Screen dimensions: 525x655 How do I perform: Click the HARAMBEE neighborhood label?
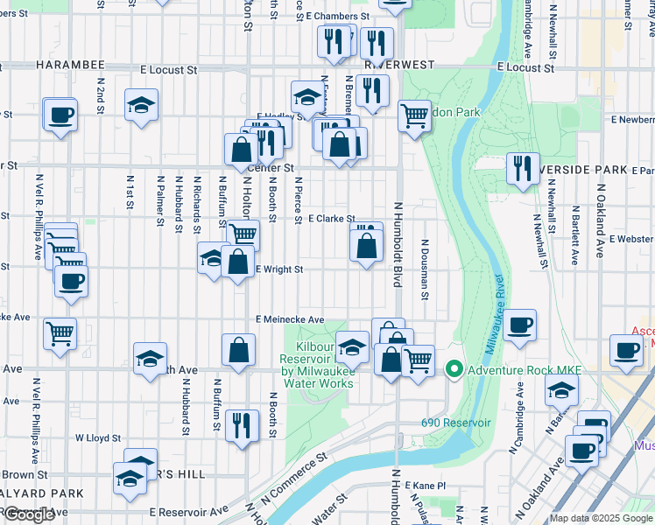pyautogui.click(x=70, y=66)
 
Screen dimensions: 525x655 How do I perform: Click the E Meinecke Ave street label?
pyautogui.click(x=290, y=320)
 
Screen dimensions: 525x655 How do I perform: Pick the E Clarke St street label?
pyautogui.click(x=331, y=219)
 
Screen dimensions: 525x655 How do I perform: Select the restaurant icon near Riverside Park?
pyautogui.click(x=523, y=168)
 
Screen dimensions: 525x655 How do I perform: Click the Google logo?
pyautogui.click(x=30, y=514)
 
